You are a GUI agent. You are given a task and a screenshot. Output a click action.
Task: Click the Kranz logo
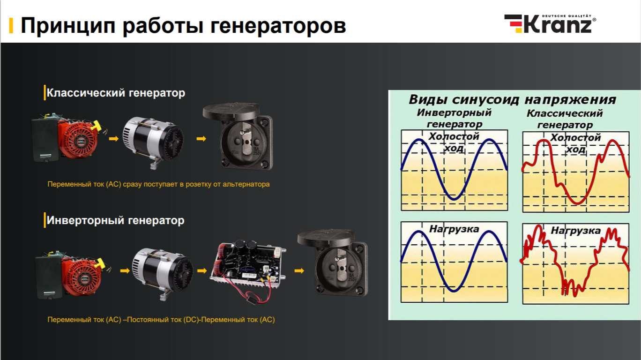click(550, 24)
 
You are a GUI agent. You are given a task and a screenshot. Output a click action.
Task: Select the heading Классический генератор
click(116, 93)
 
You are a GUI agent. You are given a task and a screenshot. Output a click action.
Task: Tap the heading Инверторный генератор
click(115, 220)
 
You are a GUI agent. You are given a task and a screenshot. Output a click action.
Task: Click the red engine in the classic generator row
click(68, 138)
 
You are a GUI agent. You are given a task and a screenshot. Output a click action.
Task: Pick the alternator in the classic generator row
click(153, 141)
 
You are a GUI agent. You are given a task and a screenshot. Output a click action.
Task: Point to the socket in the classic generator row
click(238, 136)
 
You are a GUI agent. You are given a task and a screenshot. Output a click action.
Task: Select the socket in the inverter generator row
click(333, 262)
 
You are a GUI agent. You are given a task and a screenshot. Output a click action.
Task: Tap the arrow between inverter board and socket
click(299, 270)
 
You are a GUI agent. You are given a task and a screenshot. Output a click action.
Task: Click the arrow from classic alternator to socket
click(201, 139)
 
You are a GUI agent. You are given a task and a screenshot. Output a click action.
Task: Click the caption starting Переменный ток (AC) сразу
click(158, 184)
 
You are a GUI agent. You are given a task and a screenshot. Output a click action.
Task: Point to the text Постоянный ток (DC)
click(163, 319)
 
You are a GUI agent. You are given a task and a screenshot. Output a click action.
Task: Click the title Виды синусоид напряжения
click(512, 99)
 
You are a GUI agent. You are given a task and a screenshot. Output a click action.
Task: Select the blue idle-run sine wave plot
click(455, 170)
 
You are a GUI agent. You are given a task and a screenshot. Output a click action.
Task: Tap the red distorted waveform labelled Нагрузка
click(576, 263)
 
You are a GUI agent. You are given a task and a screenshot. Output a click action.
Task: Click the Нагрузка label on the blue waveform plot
click(454, 229)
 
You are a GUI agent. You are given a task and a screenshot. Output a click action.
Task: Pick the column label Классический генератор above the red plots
click(565, 119)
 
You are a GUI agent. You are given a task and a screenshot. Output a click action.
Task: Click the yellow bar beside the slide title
click(11, 26)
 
